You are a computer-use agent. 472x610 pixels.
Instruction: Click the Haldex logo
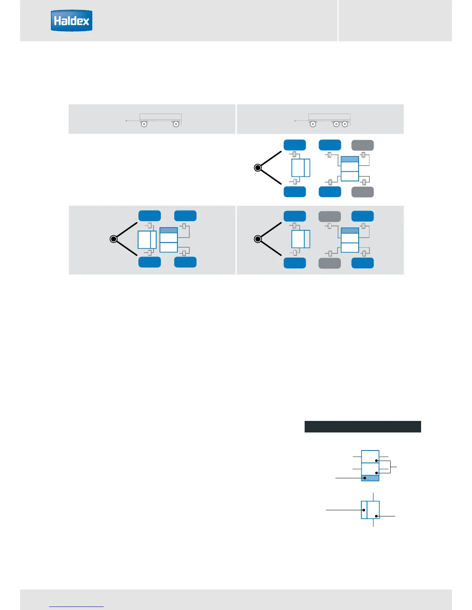(72, 21)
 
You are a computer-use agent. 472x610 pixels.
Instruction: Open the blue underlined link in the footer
(77, 607)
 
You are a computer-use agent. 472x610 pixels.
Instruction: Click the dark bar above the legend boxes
(362, 427)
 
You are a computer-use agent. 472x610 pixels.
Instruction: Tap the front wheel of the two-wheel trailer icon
(144, 124)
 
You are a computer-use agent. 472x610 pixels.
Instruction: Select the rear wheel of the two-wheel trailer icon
(176, 124)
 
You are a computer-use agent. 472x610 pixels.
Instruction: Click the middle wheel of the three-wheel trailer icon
(336, 124)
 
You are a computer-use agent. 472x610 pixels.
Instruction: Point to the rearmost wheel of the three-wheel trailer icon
(345, 124)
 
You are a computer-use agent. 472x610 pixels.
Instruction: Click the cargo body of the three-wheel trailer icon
(329, 117)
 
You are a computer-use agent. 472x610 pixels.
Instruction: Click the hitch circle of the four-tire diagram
(113, 239)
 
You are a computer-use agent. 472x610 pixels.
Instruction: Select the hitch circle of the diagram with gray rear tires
(258, 168)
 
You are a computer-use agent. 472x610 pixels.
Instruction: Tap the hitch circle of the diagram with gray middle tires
(258, 239)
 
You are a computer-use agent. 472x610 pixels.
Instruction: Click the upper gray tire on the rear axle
(362, 145)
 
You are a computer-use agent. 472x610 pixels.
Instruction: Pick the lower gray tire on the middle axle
(330, 263)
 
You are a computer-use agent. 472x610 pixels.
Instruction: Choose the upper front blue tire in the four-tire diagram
(150, 216)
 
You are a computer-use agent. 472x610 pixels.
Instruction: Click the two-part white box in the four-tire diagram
(147, 240)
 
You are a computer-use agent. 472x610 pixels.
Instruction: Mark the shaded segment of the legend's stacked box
(370, 478)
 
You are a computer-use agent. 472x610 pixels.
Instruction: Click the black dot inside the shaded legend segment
(365, 478)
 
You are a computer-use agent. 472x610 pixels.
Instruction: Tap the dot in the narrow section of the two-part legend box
(364, 510)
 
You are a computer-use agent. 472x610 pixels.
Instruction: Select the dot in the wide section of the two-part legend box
(376, 516)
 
